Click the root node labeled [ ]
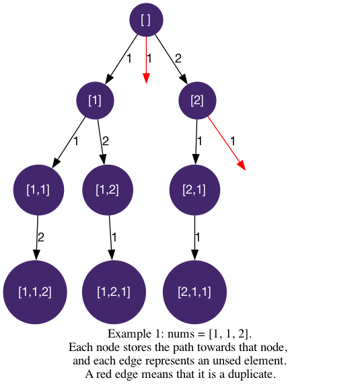pos(146,20)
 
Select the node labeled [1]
pos(95,100)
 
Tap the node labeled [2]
pos(197,100)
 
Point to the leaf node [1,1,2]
pos(35,293)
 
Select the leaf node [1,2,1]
pos(114,293)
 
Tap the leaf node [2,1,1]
pos(194,293)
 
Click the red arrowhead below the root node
pos(146,78)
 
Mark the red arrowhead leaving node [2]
pos(242,165)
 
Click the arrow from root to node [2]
pos(171,59)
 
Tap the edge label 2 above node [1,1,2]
pos(41,237)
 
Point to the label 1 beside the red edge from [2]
pos(232,141)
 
